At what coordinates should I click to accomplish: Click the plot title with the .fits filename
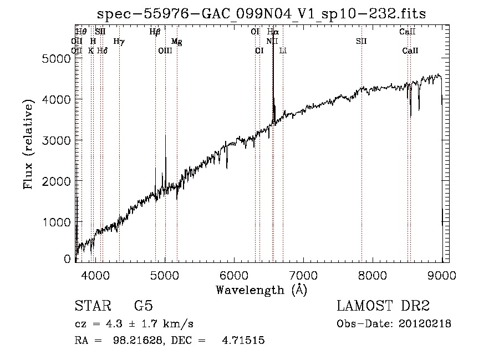pyautogui.click(x=261, y=13)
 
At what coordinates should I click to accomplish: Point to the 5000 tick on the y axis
pyautogui.click(x=56, y=58)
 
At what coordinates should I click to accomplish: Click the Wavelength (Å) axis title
pyautogui.click(x=261, y=290)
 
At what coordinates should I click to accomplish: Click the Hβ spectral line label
pyautogui.click(x=155, y=32)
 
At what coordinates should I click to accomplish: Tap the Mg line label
pyautogui.click(x=176, y=42)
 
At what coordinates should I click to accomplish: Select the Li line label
pyautogui.click(x=283, y=51)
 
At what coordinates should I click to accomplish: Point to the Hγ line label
pyautogui.click(x=119, y=41)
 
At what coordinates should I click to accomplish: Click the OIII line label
pyautogui.click(x=165, y=51)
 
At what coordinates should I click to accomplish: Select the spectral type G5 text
pyautogui.click(x=143, y=306)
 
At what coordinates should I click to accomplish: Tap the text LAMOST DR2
pyautogui.click(x=383, y=306)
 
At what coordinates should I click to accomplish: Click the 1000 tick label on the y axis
pyautogui.click(x=56, y=222)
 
